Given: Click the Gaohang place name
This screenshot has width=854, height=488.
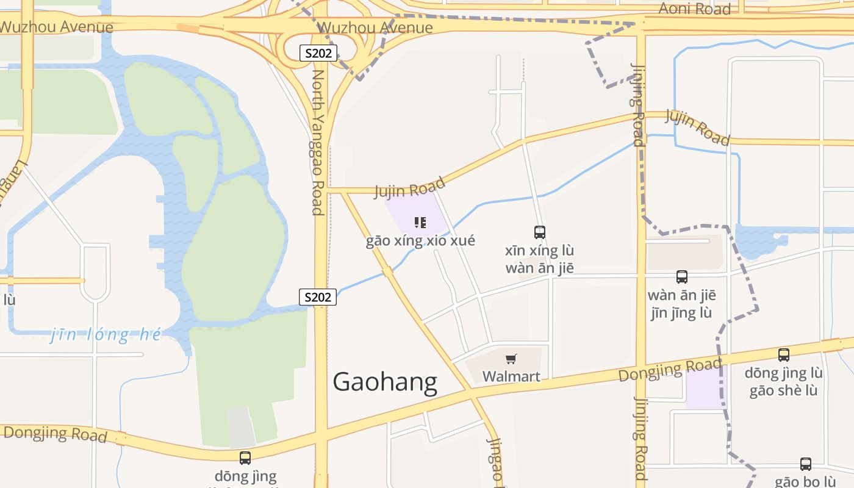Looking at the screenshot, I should [x=385, y=382].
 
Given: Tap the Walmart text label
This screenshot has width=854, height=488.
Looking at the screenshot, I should [x=511, y=376].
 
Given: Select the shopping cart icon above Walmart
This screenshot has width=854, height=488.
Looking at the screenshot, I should [x=511, y=359].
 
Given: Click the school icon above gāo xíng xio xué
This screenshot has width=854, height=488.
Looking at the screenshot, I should [x=420, y=223].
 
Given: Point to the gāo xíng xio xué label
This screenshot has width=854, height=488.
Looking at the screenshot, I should [x=420, y=240].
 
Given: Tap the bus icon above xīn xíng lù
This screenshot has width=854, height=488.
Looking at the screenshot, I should [x=539, y=232].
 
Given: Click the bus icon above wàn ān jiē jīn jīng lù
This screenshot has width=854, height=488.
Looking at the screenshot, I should [x=682, y=277].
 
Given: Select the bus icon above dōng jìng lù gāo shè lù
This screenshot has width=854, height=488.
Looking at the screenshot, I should [x=784, y=354].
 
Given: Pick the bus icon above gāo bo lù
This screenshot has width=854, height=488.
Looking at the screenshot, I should [x=805, y=464].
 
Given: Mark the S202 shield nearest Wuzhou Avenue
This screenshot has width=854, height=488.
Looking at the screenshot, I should [x=318, y=53].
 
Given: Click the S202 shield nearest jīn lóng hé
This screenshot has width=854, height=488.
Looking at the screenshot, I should [x=318, y=297].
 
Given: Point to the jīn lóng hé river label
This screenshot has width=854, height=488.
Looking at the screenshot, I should [x=106, y=334].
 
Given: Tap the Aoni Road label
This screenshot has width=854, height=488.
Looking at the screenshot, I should [x=694, y=9].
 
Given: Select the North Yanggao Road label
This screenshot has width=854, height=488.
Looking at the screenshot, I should [x=318, y=142].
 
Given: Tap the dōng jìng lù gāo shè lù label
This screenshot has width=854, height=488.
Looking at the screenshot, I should [x=784, y=382].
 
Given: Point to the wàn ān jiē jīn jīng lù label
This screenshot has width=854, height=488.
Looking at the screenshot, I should [x=681, y=304].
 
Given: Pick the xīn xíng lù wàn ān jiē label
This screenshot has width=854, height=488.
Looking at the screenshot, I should [x=540, y=259].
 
